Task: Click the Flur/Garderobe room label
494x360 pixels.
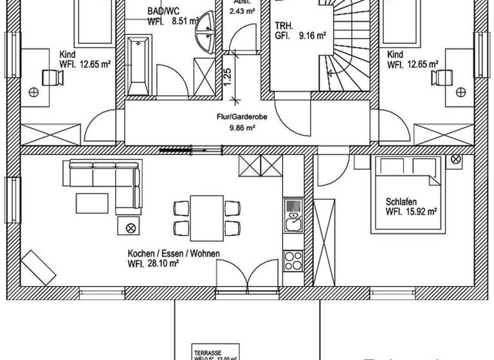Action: (237, 118)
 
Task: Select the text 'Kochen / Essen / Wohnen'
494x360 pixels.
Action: (174, 253)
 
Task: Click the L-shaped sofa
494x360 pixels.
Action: (109, 180)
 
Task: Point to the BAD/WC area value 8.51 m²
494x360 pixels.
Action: (184, 21)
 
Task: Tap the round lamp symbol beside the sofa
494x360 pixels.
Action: (131, 227)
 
